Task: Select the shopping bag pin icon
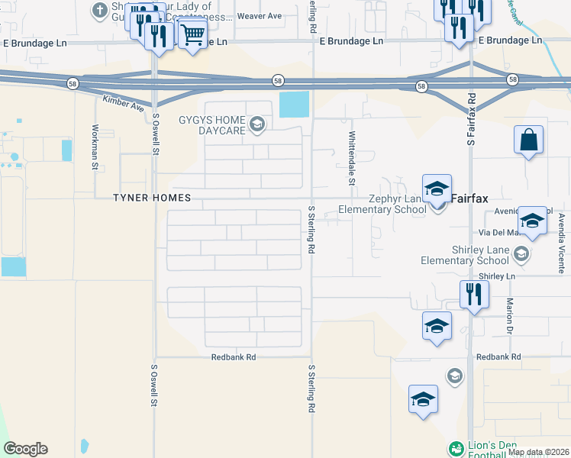click(x=528, y=140)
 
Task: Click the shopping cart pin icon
click(x=193, y=34)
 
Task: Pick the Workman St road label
click(x=95, y=146)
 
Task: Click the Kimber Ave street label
click(x=123, y=103)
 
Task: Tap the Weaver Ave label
click(x=260, y=15)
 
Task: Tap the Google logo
click(x=25, y=449)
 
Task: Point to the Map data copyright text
click(x=538, y=452)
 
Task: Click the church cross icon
click(x=99, y=10)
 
